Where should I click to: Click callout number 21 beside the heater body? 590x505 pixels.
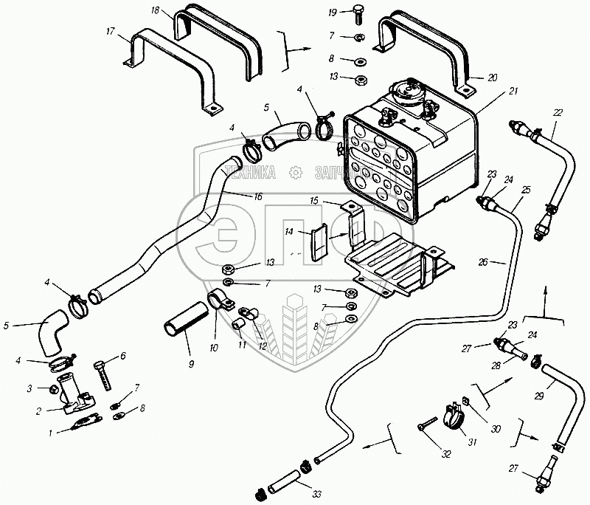[513, 91]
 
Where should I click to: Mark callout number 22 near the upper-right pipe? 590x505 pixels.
[558, 111]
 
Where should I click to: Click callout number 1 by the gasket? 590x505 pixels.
[50, 433]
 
